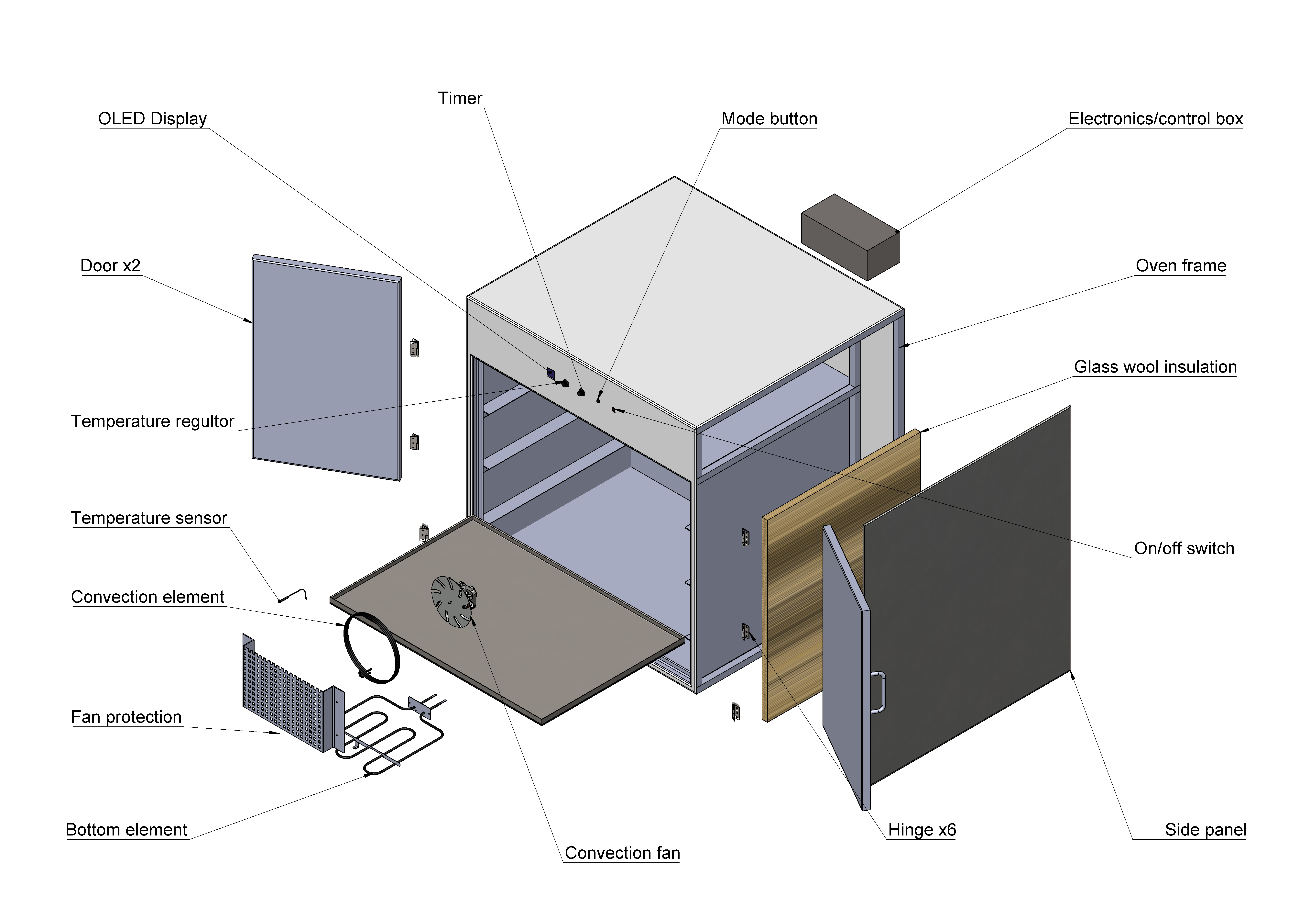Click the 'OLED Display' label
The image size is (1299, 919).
click(152, 119)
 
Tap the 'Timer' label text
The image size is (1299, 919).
click(460, 98)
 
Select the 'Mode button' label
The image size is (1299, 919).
click(769, 119)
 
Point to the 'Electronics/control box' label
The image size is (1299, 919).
click(1155, 119)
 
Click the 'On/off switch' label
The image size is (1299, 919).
click(1184, 548)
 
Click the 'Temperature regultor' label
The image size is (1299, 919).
click(152, 422)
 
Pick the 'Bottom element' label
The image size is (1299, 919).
click(126, 830)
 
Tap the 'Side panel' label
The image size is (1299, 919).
click(1205, 830)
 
